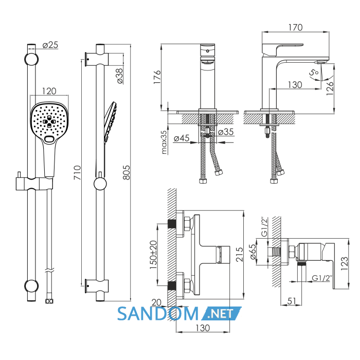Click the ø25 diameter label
click(50, 45)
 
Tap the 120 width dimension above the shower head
click(49, 91)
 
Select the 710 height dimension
click(77, 172)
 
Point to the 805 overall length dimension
click(127, 172)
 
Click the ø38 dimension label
click(120, 76)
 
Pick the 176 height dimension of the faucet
click(157, 77)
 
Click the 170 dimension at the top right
click(296, 28)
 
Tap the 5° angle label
click(314, 73)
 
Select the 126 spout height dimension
click(330, 88)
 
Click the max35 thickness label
click(164, 142)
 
